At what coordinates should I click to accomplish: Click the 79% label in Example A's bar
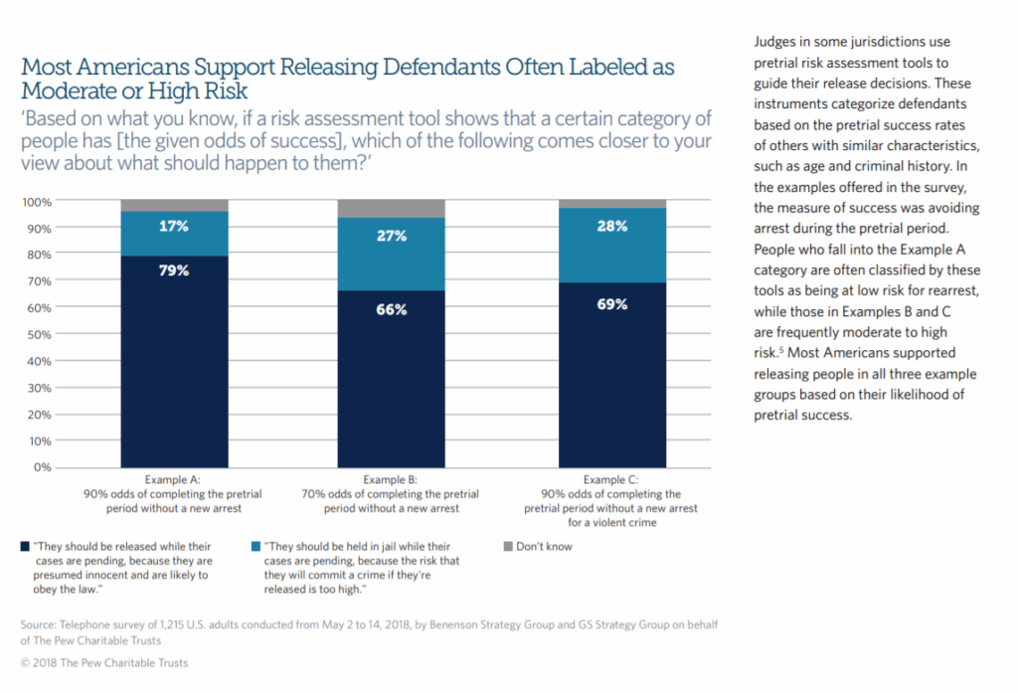click(x=175, y=269)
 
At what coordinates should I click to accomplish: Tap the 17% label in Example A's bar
click(x=175, y=226)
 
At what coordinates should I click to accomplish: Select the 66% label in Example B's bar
click(x=392, y=309)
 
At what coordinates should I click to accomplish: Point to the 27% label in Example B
click(x=392, y=238)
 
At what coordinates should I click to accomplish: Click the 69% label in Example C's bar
click(x=610, y=304)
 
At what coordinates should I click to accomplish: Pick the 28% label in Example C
click(x=610, y=226)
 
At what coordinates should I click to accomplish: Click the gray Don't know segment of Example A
click(x=175, y=206)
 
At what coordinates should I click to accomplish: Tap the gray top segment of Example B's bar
click(x=392, y=209)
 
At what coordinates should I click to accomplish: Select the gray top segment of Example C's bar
click(x=610, y=204)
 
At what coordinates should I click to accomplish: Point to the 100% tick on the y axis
click(x=36, y=202)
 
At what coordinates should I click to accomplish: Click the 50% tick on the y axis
click(x=39, y=334)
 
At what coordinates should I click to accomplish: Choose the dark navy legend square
click(x=24, y=546)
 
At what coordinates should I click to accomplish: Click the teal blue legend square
click(x=258, y=546)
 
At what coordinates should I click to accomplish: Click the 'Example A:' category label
click(x=174, y=480)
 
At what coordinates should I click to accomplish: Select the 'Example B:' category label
click(x=391, y=480)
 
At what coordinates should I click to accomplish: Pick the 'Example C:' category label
click(x=610, y=480)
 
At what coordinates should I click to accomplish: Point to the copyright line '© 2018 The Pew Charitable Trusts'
click(x=103, y=662)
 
